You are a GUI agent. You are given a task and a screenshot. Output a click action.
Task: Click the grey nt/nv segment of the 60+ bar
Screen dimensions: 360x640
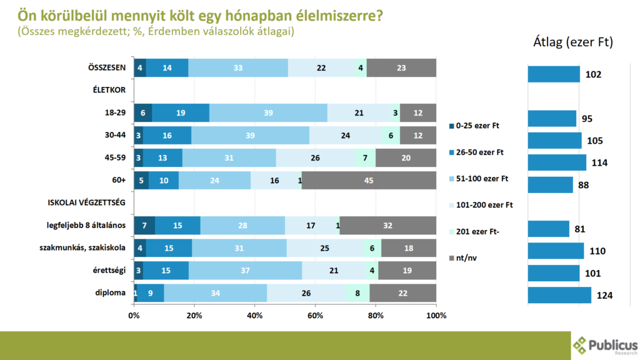(x=369, y=181)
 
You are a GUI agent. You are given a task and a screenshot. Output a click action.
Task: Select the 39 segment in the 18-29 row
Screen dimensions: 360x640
(x=268, y=113)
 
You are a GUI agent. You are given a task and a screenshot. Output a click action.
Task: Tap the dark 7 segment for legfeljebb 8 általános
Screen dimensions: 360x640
(x=144, y=226)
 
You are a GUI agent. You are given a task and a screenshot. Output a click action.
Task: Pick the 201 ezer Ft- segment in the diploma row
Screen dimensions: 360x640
(x=357, y=292)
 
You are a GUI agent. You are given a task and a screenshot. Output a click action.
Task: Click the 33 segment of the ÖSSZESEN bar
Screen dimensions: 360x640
(x=238, y=68)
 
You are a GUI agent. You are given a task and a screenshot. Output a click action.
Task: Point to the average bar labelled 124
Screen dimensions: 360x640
(x=559, y=295)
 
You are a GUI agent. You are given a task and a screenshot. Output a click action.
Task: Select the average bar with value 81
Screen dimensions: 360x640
(x=548, y=229)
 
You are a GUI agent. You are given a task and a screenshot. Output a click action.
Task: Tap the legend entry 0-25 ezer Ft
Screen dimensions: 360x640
(x=478, y=126)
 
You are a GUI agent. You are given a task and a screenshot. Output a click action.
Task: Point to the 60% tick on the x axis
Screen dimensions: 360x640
(x=315, y=316)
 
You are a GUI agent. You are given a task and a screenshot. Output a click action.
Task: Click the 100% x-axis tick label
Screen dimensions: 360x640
(x=436, y=316)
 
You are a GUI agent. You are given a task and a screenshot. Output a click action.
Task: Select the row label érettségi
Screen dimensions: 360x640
(x=110, y=270)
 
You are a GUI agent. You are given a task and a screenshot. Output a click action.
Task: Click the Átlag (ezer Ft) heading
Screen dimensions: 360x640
(x=572, y=42)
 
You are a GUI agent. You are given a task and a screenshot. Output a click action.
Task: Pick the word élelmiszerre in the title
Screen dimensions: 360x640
(x=339, y=14)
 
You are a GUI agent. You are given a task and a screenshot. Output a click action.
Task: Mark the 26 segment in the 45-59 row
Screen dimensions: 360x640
(x=315, y=158)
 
